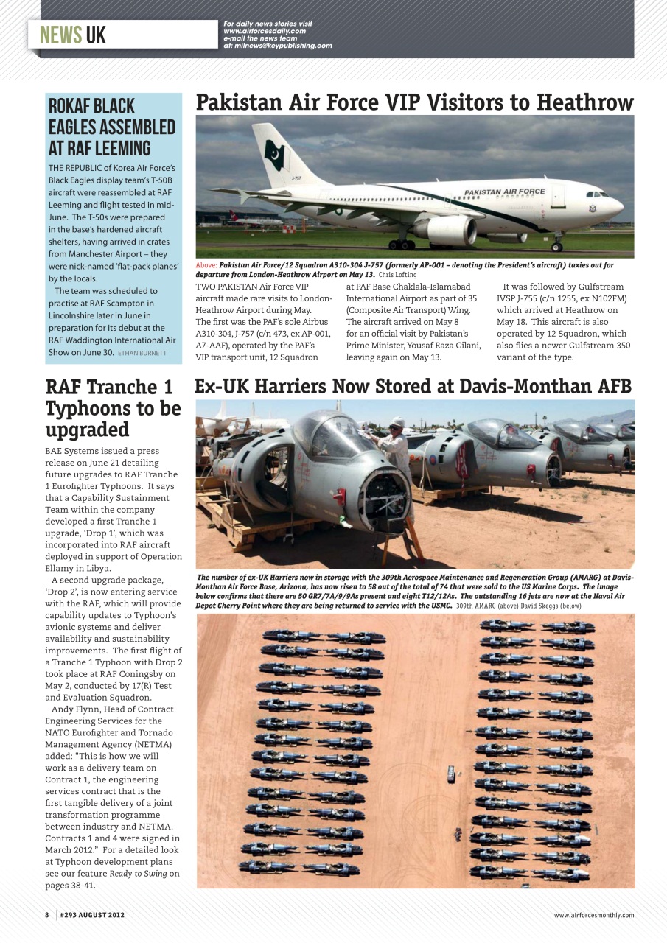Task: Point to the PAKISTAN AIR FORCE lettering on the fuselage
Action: click(x=505, y=192)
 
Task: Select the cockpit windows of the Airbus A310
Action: click(x=596, y=194)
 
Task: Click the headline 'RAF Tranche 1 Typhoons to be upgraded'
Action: click(x=113, y=408)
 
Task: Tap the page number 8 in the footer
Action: click(x=46, y=915)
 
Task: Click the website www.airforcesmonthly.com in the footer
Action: click(x=594, y=915)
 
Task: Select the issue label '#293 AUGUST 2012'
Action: click(x=92, y=915)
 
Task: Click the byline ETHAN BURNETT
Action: click(x=142, y=353)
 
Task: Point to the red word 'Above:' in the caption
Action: click(x=206, y=264)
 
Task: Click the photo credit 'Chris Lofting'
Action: click(x=398, y=274)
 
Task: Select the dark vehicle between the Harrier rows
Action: click(x=450, y=774)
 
